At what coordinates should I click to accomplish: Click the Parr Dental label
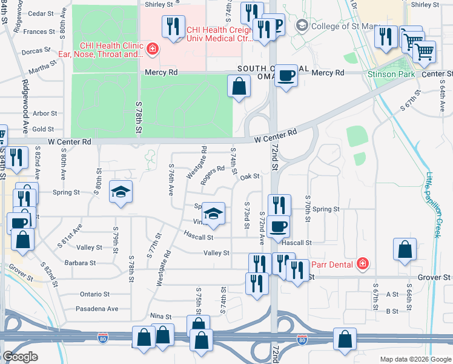point(332,264)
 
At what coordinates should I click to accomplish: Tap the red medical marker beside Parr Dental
point(362,263)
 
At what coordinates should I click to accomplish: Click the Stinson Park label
point(389,73)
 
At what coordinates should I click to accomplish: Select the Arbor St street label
point(45,113)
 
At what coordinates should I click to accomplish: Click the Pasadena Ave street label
point(98,308)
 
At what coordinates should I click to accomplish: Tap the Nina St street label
point(161,316)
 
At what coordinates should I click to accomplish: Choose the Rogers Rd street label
point(213,174)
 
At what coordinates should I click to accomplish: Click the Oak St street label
point(250,177)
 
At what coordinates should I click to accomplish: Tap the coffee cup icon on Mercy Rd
point(286,75)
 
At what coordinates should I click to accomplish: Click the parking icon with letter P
point(276,24)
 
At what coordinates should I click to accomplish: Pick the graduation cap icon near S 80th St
point(121,192)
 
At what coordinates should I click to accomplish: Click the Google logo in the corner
point(20,357)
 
